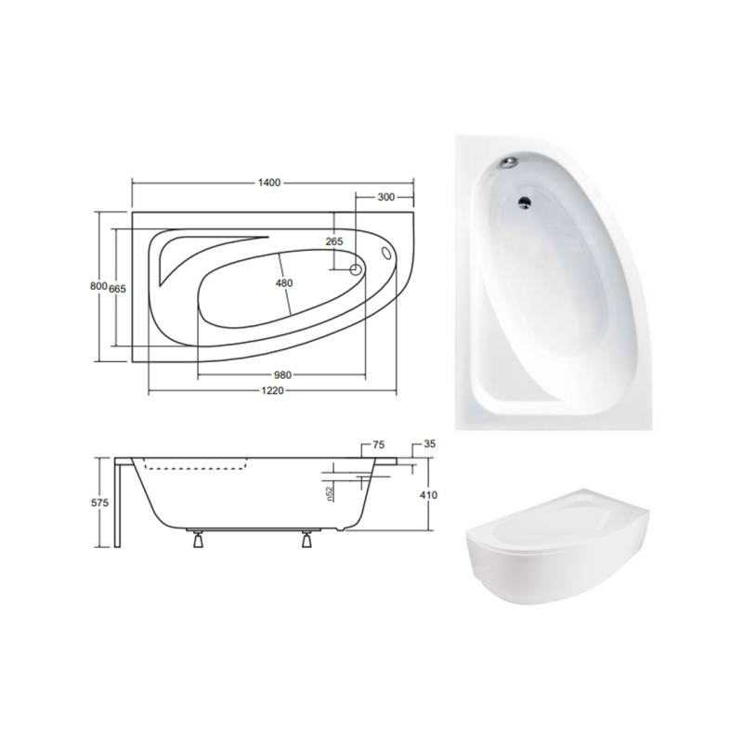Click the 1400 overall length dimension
click(x=269, y=183)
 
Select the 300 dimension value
click(x=386, y=197)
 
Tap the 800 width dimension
click(x=98, y=286)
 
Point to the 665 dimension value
click(x=118, y=288)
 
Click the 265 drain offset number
click(x=334, y=241)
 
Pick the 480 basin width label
click(x=284, y=283)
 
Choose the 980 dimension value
click(x=282, y=375)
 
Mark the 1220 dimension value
click(x=272, y=390)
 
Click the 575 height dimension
click(x=99, y=502)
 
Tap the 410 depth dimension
click(x=428, y=495)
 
